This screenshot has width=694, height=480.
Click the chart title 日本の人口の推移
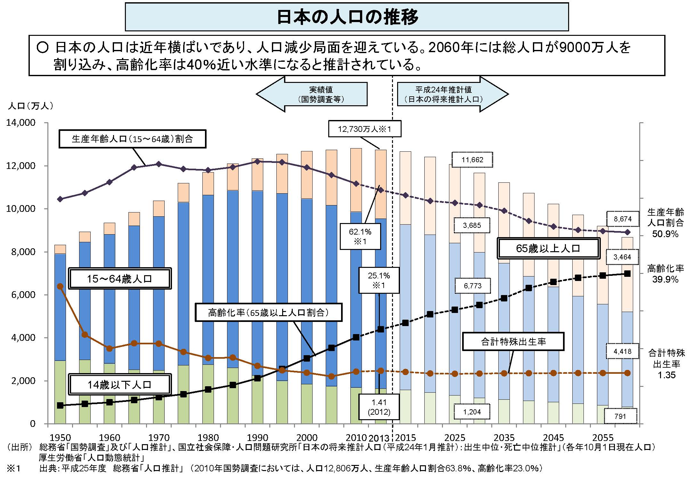347,17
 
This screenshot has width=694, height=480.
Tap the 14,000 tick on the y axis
20,123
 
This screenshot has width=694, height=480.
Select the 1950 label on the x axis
61,437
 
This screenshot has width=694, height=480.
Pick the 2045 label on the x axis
553,437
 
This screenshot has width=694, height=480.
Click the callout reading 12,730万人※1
364,129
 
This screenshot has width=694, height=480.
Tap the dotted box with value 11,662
472,160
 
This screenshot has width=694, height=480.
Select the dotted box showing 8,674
623,219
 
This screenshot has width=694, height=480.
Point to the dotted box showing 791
620,416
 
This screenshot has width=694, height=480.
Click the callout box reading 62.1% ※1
360,236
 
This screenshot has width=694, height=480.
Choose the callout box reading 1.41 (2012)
379,407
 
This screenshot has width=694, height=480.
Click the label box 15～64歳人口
120,279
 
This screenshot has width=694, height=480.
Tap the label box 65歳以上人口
548,248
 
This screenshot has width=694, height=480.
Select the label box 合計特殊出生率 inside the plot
513,342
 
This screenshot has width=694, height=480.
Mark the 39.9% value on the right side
665,279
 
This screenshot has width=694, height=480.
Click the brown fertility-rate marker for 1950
60,286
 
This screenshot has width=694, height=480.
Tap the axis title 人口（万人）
30,106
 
